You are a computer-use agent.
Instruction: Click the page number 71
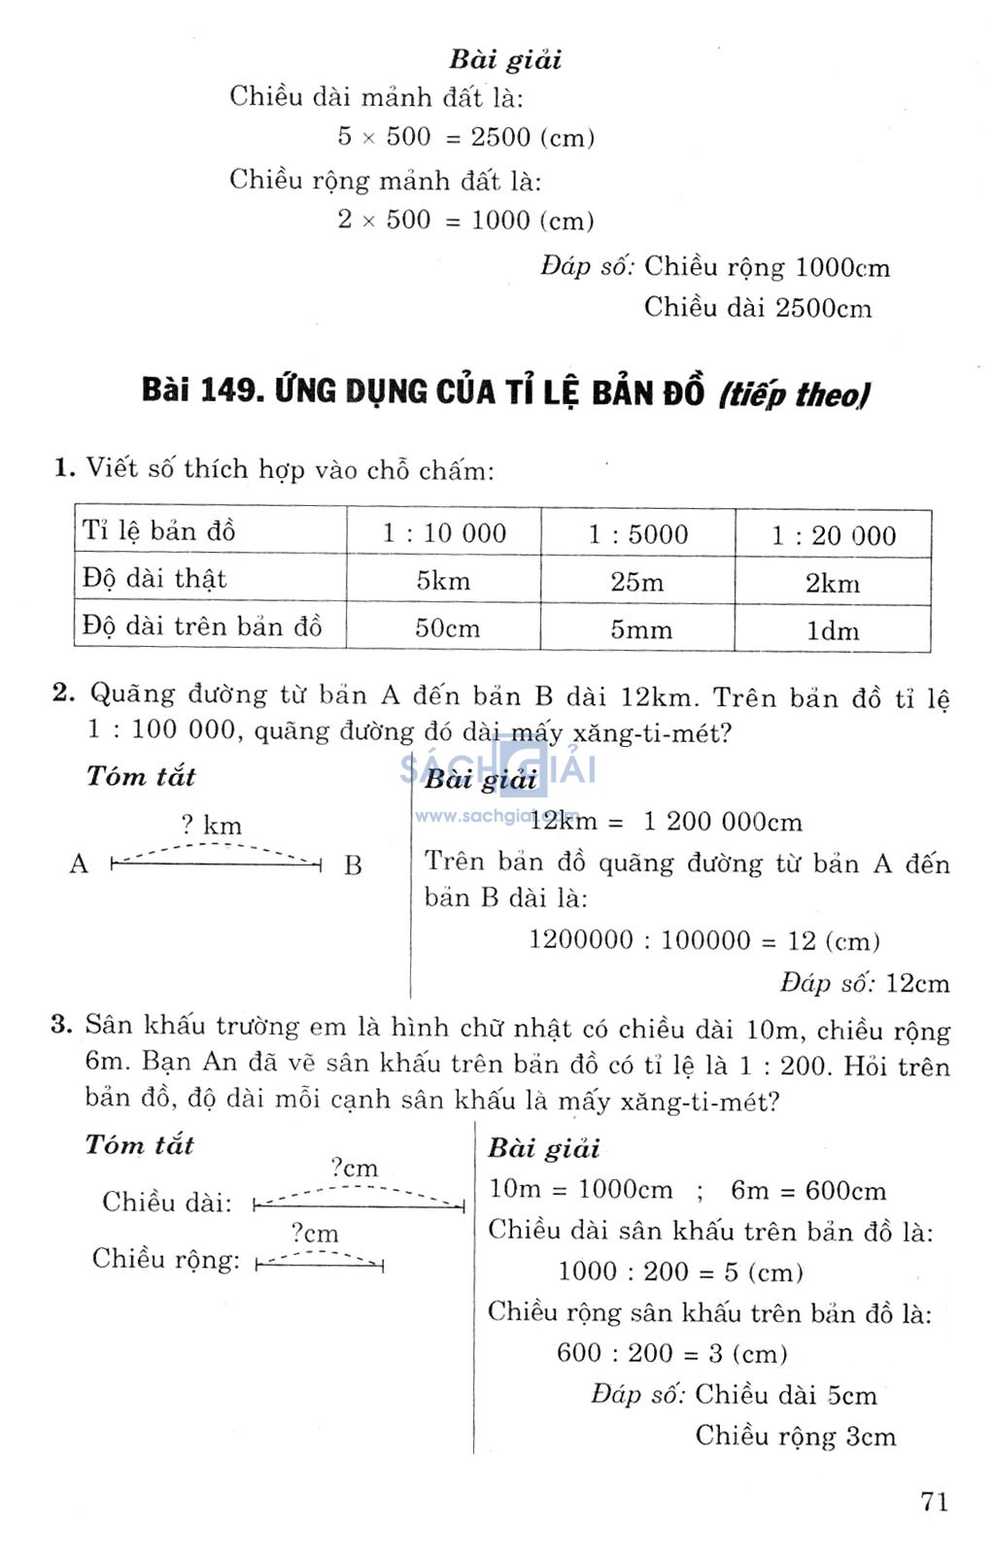(934, 1501)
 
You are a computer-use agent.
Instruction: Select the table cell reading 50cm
(447, 627)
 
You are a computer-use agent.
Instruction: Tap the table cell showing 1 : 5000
(637, 533)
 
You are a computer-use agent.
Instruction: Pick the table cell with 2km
(833, 583)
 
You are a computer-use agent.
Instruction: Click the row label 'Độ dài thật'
(154, 579)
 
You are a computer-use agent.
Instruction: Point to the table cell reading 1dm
(833, 630)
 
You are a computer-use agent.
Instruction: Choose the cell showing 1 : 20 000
(833, 535)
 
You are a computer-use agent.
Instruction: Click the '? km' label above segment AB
(211, 826)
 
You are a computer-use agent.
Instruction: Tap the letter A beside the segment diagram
(79, 864)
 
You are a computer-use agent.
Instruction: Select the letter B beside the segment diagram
(353, 865)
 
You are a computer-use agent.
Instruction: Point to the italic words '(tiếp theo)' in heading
(794, 394)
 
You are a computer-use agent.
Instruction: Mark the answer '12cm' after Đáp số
(917, 983)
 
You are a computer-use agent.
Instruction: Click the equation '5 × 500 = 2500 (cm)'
(466, 137)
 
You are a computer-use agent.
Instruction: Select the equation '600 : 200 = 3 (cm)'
(671, 1353)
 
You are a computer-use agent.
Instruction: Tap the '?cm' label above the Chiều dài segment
(354, 1168)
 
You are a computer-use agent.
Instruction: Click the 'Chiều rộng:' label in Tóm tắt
(165, 1260)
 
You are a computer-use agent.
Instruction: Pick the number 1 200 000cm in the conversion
(722, 822)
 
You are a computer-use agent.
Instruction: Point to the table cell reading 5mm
(640, 629)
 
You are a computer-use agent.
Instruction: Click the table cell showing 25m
(637, 582)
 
